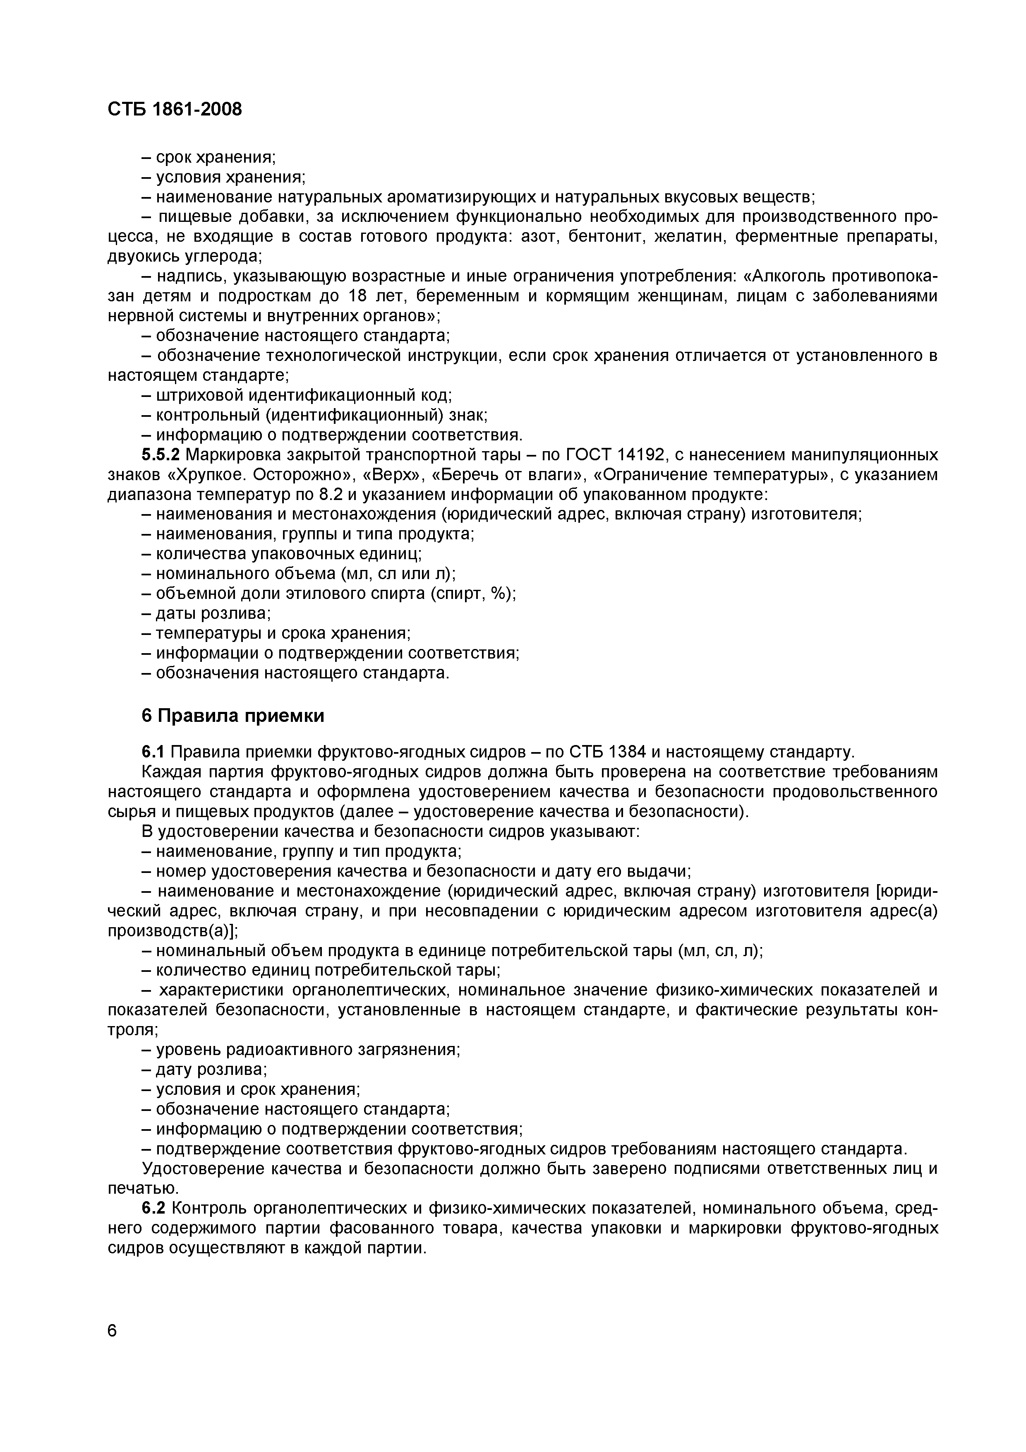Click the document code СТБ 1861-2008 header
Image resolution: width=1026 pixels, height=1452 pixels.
175,109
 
